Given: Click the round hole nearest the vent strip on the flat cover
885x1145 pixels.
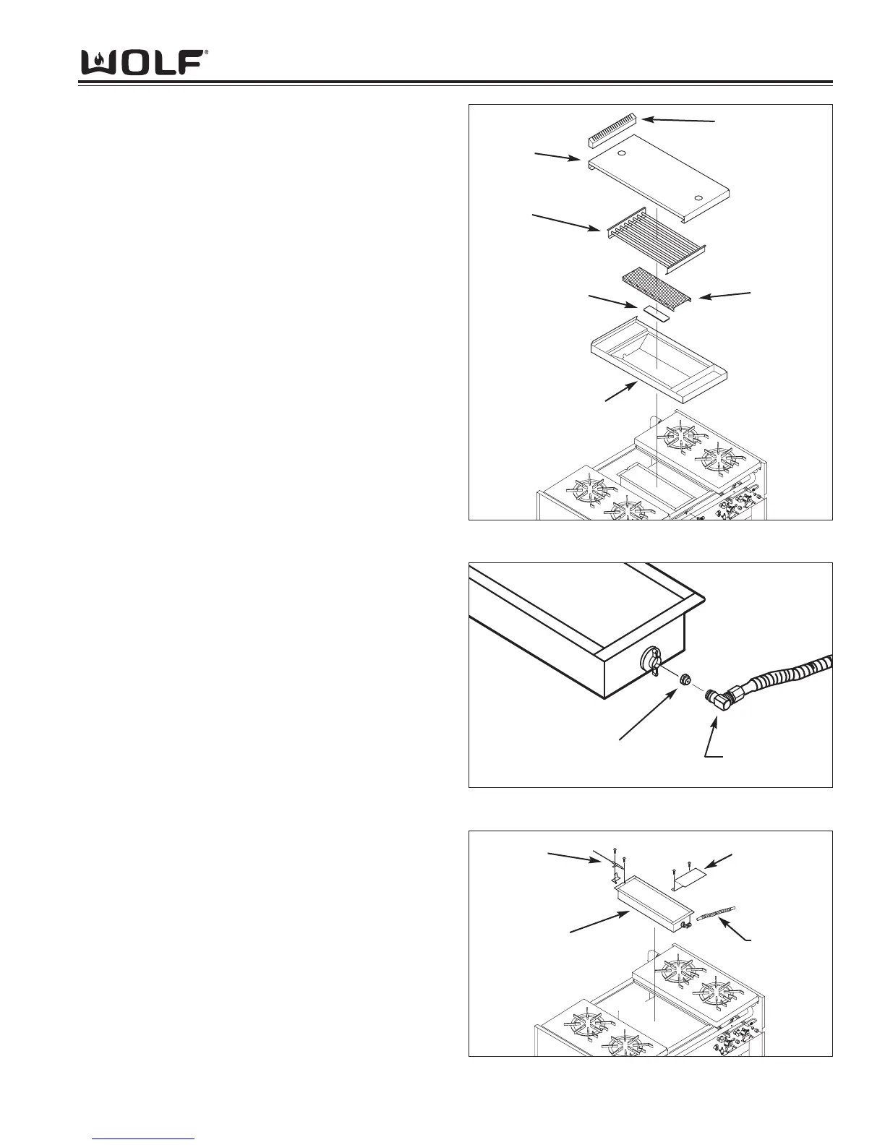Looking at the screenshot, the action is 621,154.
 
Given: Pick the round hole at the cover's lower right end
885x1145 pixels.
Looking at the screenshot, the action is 698,198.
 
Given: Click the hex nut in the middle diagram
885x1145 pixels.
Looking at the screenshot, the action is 685,679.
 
